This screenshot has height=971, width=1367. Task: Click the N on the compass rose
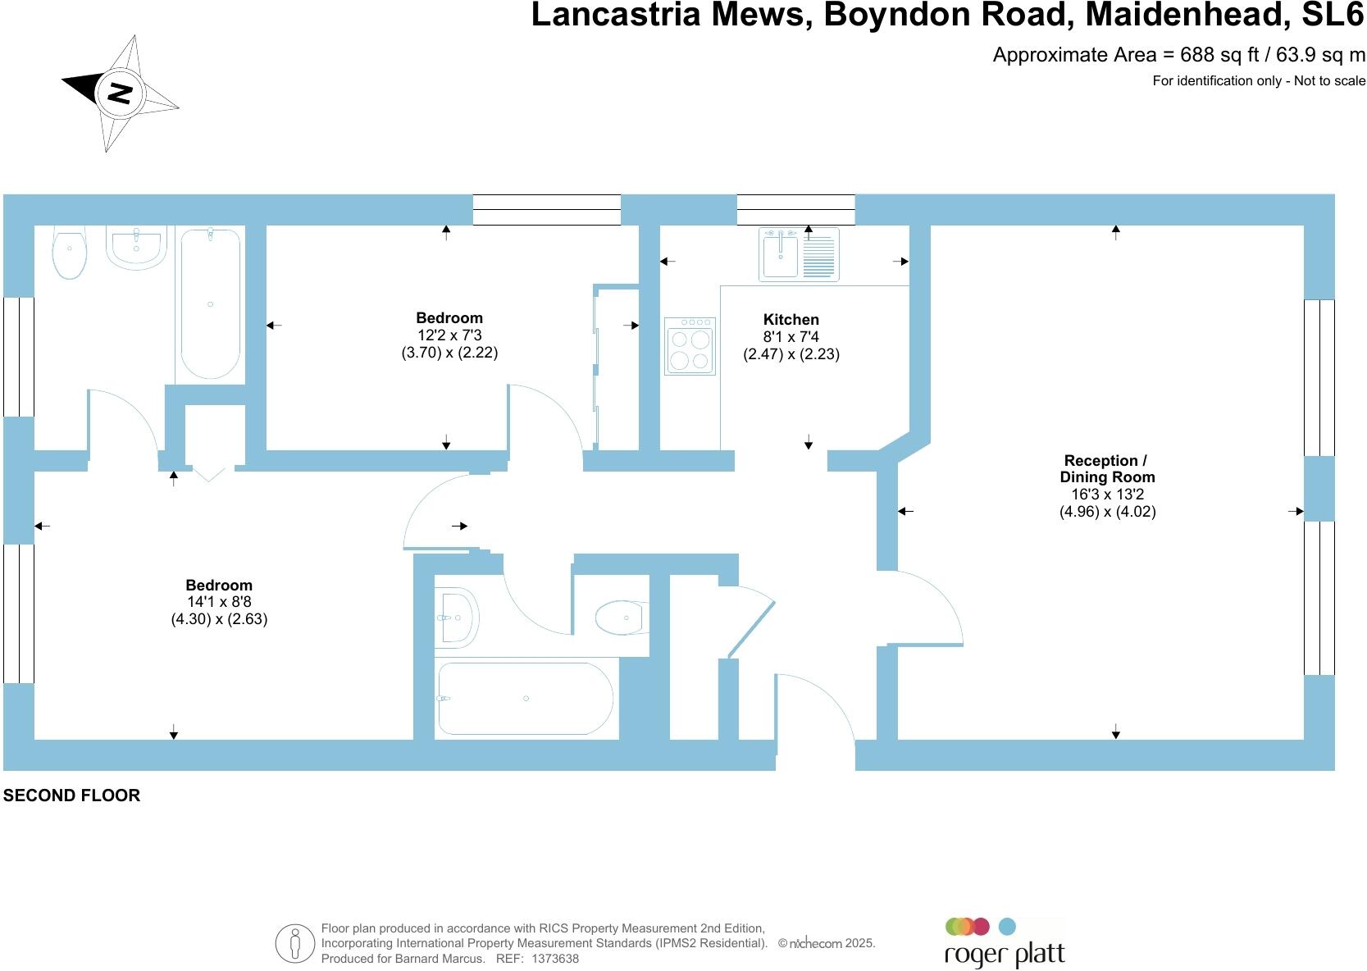(121, 93)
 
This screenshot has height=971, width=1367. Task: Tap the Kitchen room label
(791, 320)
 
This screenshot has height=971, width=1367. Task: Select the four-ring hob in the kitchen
(690, 346)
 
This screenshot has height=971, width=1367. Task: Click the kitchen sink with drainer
(798, 254)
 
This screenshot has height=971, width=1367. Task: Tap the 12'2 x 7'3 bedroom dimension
(449, 335)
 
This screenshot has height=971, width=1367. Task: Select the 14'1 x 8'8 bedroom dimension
(219, 602)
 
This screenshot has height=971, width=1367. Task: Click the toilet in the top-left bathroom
(70, 252)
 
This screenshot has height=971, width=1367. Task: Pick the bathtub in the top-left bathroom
(211, 303)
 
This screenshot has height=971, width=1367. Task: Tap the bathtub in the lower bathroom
(525, 699)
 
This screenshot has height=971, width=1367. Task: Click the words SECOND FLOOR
(72, 795)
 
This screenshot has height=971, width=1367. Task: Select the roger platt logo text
(1005, 955)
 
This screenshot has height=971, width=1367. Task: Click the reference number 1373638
(555, 958)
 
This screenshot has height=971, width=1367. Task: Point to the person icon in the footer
(295, 943)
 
